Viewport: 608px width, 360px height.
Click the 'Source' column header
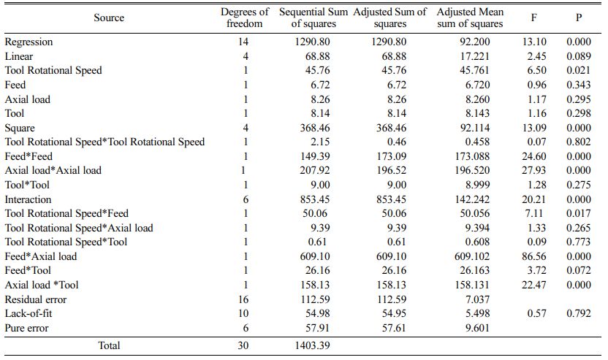(109, 18)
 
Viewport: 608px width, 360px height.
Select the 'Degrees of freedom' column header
(244, 18)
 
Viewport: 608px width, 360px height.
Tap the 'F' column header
(534, 18)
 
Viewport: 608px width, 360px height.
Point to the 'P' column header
(579, 18)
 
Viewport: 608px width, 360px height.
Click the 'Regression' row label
(28, 42)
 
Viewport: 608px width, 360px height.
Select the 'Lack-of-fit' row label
(28, 313)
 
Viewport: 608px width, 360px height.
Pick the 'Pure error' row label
(27, 328)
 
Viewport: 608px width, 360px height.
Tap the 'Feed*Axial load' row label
(41, 256)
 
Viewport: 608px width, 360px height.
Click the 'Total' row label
(109, 345)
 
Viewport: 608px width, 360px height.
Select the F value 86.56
(534, 256)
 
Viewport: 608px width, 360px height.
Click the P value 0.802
(579, 142)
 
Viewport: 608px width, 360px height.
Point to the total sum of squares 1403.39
(313, 345)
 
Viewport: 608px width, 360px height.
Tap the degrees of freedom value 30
(243, 345)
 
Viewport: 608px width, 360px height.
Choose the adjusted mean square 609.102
(472, 256)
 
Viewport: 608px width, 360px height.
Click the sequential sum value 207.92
(315, 170)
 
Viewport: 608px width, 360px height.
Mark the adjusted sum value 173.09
(391, 156)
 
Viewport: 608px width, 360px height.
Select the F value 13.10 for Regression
(534, 42)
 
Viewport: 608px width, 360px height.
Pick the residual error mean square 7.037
(477, 299)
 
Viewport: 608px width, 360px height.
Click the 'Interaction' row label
(28, 199)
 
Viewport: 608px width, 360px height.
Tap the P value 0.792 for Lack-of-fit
(579, 313)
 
